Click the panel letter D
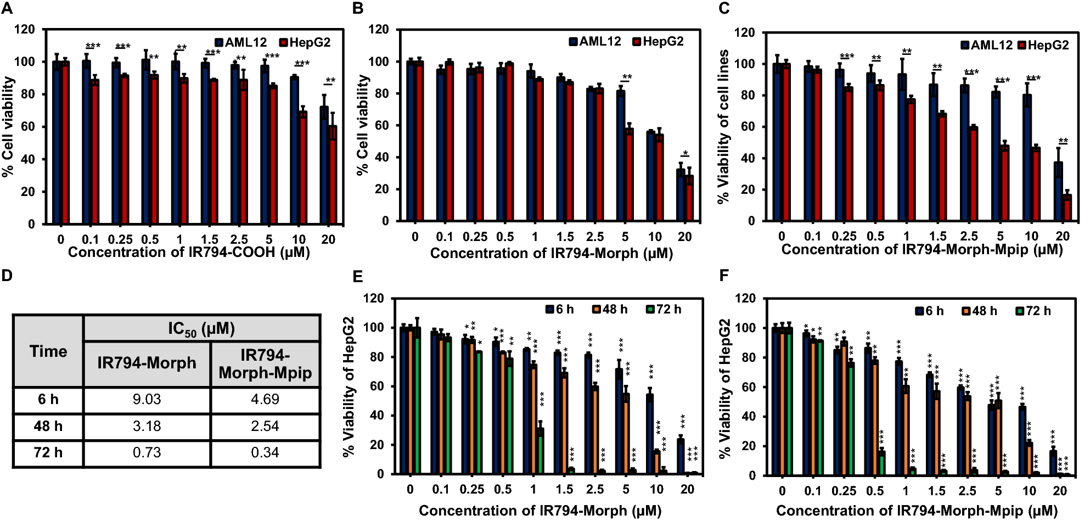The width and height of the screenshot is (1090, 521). coord(7,275)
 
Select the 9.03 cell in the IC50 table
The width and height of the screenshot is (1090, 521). coord(147,399)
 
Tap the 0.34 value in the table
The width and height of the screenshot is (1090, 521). coord(265,452)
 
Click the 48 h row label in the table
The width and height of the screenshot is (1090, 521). coord(48,426)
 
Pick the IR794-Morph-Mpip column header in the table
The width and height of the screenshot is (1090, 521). coord(265,363)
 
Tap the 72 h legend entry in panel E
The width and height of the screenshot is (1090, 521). coord(664,309)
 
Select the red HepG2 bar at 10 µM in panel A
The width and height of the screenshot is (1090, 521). coord(303,167)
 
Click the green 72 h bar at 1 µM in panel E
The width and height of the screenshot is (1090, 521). coord(541,451)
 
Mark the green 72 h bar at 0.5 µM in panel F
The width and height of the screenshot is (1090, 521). coord(881,463)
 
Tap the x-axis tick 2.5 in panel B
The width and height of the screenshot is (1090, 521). coord(595,237)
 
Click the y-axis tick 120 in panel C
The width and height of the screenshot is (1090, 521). coord(744,32)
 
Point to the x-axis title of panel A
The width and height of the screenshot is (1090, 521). coord(189,253)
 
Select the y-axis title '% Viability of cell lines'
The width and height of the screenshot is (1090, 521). coord(723,126)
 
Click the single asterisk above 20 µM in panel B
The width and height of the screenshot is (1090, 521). coord(686,153)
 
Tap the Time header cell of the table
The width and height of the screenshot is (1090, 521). coord(48,351)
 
